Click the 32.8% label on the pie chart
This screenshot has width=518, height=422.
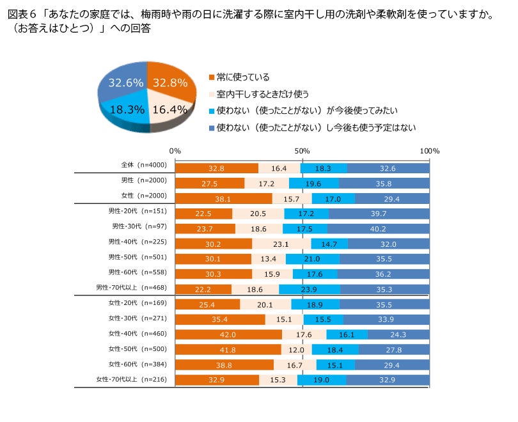click(x=170, y=82)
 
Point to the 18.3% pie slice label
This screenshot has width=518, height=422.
click(x=127, y=109)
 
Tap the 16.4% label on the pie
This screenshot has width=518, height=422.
click(x=170, y=109)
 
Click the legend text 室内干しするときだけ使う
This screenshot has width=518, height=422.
click(x=268, y=94)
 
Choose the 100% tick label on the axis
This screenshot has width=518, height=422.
click(x=430, y=151)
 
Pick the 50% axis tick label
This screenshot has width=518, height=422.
click(x=302, y=151)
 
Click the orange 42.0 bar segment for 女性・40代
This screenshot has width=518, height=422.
click(x=228, y=334)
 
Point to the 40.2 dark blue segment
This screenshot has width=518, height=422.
click(x=379, y=228)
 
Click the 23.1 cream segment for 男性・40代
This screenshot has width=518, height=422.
click(x=281, y=244)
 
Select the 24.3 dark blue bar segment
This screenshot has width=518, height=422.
click(x=398, y=334)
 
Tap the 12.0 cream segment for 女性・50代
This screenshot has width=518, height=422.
click(x=297, y=350)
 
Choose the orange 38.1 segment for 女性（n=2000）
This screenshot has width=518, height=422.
click(x=223, y=199)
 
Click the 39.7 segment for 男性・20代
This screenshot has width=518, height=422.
click(x=379, y=213)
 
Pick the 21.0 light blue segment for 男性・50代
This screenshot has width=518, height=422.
click(x=312, y=259)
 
